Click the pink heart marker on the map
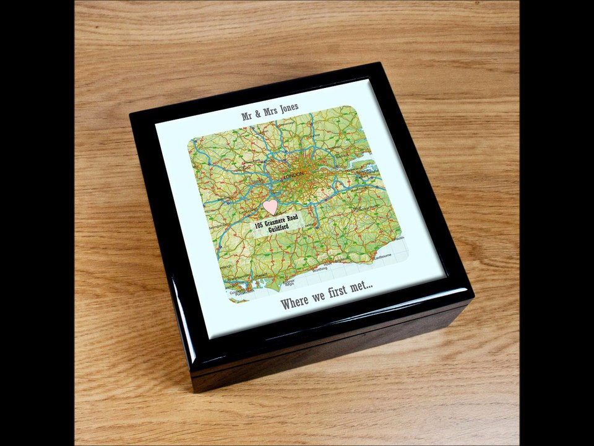270,206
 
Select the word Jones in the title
288,108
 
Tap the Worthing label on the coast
320,269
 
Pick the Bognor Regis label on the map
288,284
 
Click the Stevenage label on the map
286,123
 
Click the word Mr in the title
247,116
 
